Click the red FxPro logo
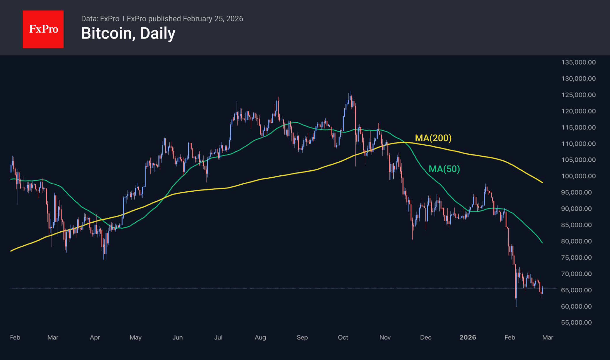click(43, 29)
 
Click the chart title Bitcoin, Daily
click(128, 33)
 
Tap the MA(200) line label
click(433, 138)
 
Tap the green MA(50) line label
click(444, 169)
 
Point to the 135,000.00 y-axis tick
click(578, 62)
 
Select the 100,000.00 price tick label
click(578, 176)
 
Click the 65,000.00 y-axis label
click(576, 290)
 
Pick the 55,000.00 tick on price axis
click(576, 322)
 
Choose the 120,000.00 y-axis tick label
click(578, 111)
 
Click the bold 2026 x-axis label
click(468, 338)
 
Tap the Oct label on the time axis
click(343, 338)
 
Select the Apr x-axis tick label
click(95, 338)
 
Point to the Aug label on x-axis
click(260, 338)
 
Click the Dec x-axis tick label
click(426, 338)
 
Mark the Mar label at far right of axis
click(548, 338)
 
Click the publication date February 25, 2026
click(213, 19)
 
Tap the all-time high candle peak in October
click(350, 92)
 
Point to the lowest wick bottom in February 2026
click(517, 306)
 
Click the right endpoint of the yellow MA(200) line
click(542, 183)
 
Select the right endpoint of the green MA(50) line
click(542, 243)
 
